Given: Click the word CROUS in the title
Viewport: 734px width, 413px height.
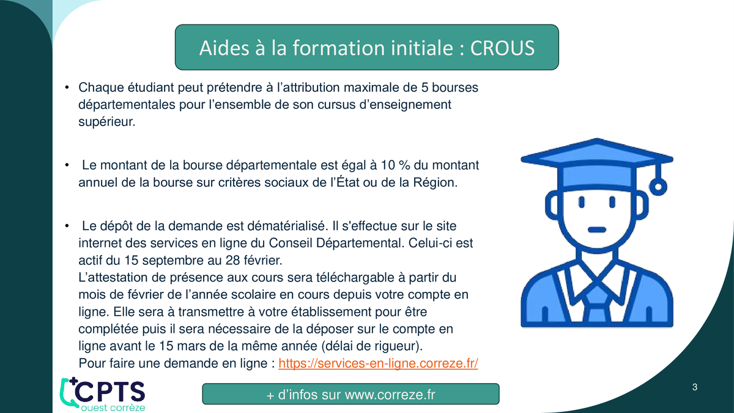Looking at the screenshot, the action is point(502,48).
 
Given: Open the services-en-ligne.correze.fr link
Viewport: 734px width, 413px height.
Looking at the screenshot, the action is point(378,363).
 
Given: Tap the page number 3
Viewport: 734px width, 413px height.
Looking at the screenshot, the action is point(695,387).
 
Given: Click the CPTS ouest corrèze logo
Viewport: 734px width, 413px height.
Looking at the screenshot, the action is point(103,394).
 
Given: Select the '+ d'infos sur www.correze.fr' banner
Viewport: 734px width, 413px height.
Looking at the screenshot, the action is point(350,394).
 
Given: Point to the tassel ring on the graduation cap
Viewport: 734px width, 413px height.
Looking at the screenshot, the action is point(658,187).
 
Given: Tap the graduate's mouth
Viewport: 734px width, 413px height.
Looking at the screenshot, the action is point(597,230).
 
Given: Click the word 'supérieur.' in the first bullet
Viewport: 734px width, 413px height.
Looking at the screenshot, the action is point(107,122).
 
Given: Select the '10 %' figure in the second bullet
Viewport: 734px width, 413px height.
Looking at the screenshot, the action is point(395,165).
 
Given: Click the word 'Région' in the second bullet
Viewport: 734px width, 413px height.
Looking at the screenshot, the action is point(435,182).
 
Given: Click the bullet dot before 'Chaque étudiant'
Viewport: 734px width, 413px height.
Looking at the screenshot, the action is point(67,87).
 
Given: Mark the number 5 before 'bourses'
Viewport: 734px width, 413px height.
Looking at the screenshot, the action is point(424,87).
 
